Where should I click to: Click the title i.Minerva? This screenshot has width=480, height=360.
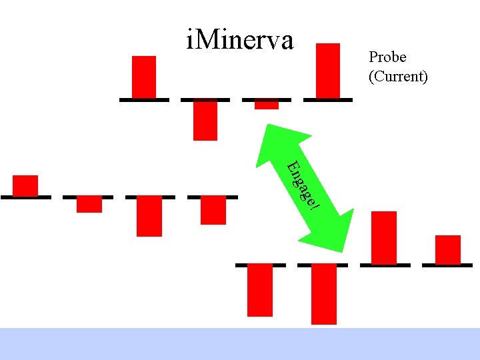[x=240, y=40]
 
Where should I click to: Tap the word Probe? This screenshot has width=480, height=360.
[x=387, y=58]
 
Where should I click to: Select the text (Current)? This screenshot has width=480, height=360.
[x=398, y=76]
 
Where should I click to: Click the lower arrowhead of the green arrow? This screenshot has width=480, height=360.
[x=337, y=233]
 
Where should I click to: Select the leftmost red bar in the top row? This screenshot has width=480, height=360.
[x=144, y=77]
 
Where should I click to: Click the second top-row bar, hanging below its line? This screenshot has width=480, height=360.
[x=205, y=121]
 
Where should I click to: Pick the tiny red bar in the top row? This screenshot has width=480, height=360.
[x=267, y=105]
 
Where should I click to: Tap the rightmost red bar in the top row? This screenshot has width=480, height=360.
[x=327, y=71]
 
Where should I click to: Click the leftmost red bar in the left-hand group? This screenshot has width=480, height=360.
[x=25, y=185]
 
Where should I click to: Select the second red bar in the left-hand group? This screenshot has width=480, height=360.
[x=89, y=205]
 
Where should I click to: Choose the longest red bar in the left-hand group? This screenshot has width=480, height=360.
[x=149, y=217]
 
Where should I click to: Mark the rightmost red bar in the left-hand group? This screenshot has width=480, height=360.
[x=213, y=211]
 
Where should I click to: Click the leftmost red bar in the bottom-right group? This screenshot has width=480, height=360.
[x=260, y=291]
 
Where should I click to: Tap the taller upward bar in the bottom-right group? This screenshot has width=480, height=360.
[x=383, y=237]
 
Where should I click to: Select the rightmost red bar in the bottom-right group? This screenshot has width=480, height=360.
[x=448, y=249]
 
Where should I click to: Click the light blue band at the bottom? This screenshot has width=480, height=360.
[x=240, y=343]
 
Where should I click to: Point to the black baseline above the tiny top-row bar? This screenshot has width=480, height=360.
[x=267, y=99]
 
